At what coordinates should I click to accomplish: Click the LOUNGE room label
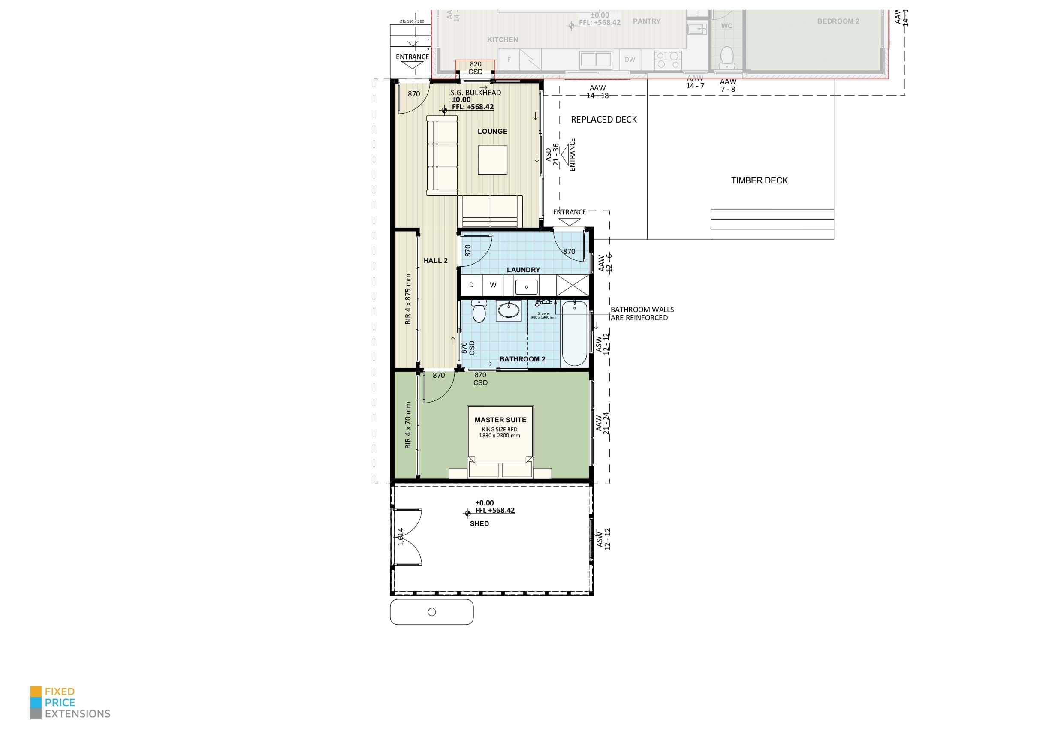(492, 131)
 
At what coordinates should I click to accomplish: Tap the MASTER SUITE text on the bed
(500, 420)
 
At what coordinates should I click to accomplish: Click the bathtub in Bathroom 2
(574, 334)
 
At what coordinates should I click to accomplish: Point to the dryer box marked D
(471, 285)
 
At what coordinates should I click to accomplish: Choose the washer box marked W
(493, 285)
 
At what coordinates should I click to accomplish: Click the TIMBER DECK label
(759, 180)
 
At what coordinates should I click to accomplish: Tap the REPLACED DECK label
(603, 120)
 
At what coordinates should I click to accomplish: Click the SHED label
(479, 523)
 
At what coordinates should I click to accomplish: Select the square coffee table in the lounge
(492, 160)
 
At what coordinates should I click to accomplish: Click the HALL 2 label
(435, 260)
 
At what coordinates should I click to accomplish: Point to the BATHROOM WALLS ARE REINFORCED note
(642, 314)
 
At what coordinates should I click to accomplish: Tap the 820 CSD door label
(476, 68)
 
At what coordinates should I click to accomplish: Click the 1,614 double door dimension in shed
(401, 536)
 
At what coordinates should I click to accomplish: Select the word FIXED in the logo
(59, 691)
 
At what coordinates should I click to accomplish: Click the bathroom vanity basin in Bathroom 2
(508, 310)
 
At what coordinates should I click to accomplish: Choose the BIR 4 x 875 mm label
(408, 299)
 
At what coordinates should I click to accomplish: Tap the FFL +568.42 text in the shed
(494, 510)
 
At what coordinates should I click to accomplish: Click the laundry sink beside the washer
(527, 287)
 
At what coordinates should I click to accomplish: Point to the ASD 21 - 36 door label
(552, 154)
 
